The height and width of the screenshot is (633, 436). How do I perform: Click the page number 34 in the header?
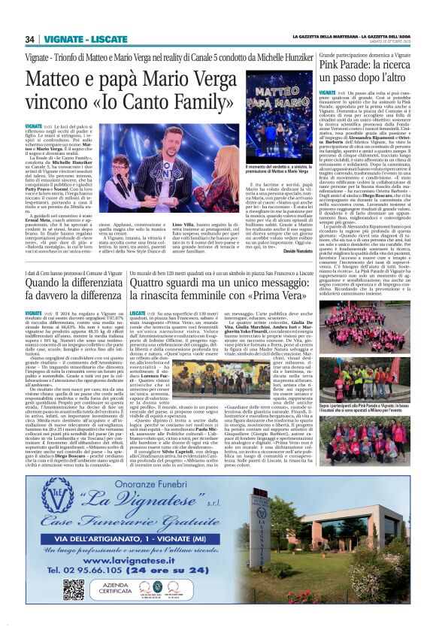(x=29, y=39)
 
